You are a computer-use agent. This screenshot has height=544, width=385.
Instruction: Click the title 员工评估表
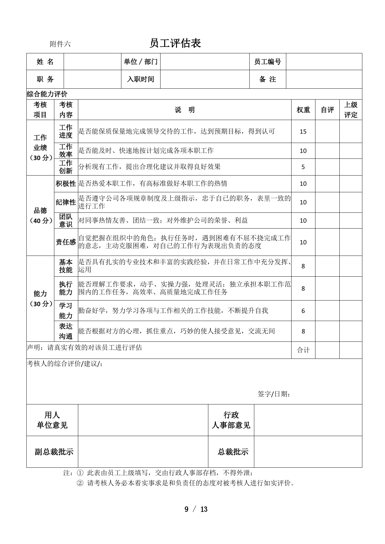pyautogui.click(x=175, y=43)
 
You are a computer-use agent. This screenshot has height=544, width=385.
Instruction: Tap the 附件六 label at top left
pyautogui.click(x=60, y=44)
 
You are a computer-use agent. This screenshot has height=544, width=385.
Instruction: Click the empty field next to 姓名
pyautogui.click(x=92, y=62)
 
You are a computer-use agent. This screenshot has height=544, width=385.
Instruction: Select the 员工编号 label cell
pyautogui.click(x=267, y=62)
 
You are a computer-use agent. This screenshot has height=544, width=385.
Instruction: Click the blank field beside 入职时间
pyautogui.click(x=205, y=79)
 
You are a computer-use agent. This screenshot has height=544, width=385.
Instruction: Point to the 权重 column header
pyautogui.click(x=303, y=110)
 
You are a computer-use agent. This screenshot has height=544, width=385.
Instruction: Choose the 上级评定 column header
pyautogui.click(x=351, y=110)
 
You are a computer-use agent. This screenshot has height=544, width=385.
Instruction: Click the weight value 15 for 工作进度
pyautogui.click(x=303, y=132)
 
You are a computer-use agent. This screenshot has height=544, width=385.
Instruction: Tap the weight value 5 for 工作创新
pyautogui.click(x=303, y=167)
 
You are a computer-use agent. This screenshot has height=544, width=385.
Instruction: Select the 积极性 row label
pyautogui.click(x=66, y=184)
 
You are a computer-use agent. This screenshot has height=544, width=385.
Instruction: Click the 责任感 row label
pyautogui.click(x=66, y=242)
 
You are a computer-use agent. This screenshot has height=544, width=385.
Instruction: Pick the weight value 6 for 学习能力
pyautogui.click(x=303, y=311)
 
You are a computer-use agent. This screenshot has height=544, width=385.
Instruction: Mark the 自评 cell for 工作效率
pyautogui.click(x=327, y=151)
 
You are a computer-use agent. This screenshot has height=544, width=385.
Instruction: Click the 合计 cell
pyautogui.click(x=303, y=350)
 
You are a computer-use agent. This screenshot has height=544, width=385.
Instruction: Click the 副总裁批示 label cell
pyautogui.click(x=54, y=452)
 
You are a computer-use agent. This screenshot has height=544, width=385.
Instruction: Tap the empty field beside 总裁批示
pyautogui.click(x=308, y=452)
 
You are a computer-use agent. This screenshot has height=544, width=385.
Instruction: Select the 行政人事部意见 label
pyautogui.click(x=231, y=420)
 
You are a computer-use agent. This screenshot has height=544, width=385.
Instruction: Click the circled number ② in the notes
pyautogui.click(x=80, y=483)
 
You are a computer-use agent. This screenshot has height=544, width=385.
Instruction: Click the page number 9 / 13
pyautogui.click(x=196, y=509)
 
